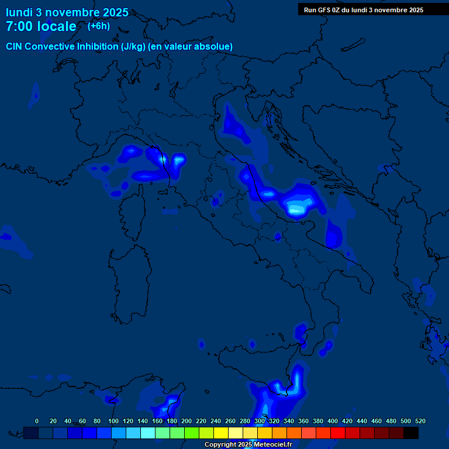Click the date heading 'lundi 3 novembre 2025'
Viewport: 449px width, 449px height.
(x=67, y=12)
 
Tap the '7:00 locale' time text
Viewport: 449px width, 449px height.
(x=41, y=26)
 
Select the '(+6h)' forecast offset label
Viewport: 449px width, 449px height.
(x=99, y=26)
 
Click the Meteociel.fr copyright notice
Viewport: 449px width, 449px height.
(x=248, y=444)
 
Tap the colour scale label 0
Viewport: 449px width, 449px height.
(x=37, y=421)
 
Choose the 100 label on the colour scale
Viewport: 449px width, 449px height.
(x=113, y=421)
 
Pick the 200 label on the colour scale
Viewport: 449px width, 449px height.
(x=186, y=421)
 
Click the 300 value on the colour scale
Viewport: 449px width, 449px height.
(x=259, y=421)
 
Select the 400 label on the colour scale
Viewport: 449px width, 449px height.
(x=332, y=421)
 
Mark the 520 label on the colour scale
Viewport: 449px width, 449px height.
(x=420, y=421)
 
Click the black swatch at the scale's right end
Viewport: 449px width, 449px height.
(x=411, y=433)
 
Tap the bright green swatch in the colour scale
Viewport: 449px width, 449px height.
(x=192, y=433)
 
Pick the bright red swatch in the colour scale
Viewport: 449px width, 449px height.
(x=338, y=433)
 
